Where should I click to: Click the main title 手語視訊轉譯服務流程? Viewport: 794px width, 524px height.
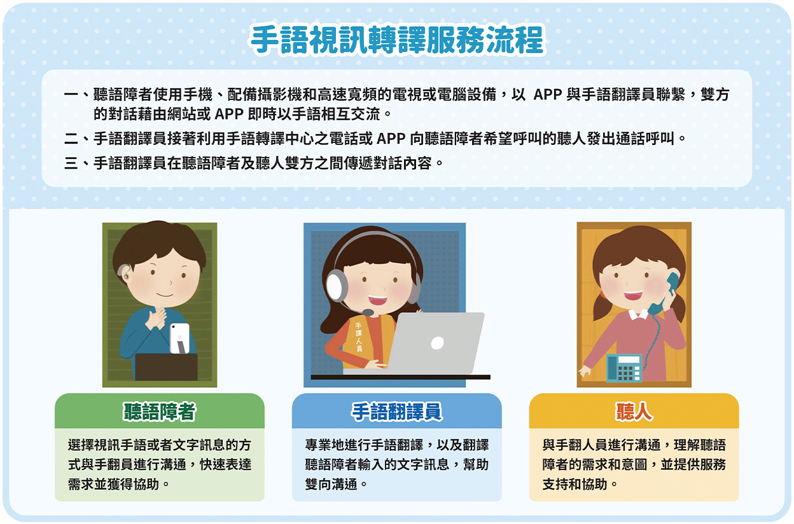coord(397,39)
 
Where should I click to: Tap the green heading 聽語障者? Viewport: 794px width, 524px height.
coord(160,411)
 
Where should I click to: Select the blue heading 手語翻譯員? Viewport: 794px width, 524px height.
coord(396,411)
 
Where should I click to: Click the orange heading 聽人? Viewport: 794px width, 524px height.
coord(634,411)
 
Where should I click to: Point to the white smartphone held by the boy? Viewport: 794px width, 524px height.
coord(179,338)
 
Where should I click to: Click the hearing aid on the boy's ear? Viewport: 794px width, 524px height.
coord(123,272)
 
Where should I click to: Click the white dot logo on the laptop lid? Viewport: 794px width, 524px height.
coord(437,343)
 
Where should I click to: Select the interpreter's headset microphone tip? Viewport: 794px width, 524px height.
coord(368,312)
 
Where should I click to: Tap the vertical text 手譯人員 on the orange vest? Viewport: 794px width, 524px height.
coord(359,337)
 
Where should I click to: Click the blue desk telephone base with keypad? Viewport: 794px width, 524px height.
coord(624,368)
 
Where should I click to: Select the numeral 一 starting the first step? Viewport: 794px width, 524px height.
coord(71,95)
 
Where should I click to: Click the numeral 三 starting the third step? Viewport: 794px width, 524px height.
coord(71,163)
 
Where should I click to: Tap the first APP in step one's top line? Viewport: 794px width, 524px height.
coord(548,95)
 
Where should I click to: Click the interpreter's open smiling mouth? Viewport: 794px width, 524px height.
coord(377,300)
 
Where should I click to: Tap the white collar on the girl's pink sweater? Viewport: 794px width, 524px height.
coord(638,314)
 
